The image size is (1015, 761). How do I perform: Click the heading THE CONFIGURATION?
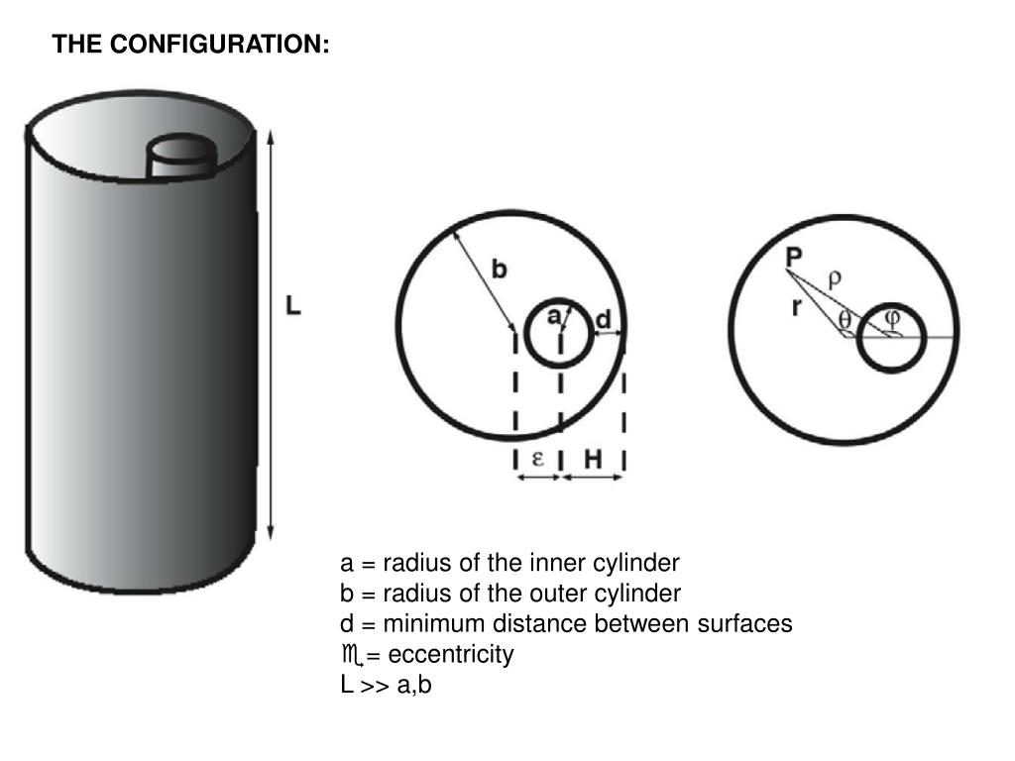coord(191,45)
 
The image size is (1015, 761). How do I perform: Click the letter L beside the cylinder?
coord(292,307)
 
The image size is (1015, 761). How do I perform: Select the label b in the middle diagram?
coord(501,269)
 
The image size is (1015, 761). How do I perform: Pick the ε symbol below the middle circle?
coord(538,459)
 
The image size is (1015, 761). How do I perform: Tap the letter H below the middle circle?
coord(593,459)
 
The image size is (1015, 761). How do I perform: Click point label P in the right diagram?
coord(794,258)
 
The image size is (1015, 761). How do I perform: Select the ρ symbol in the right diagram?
coord(835,278)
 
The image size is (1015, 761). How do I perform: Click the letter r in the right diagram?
coord(796,308)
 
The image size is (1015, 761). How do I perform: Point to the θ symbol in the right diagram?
coord(845,321)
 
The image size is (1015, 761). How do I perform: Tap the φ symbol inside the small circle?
coord(892,318)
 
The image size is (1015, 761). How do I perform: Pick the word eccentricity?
coord(453,654)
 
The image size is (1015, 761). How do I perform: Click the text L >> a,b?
coord(387,684)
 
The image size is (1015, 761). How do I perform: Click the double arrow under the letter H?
coord(593,478)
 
